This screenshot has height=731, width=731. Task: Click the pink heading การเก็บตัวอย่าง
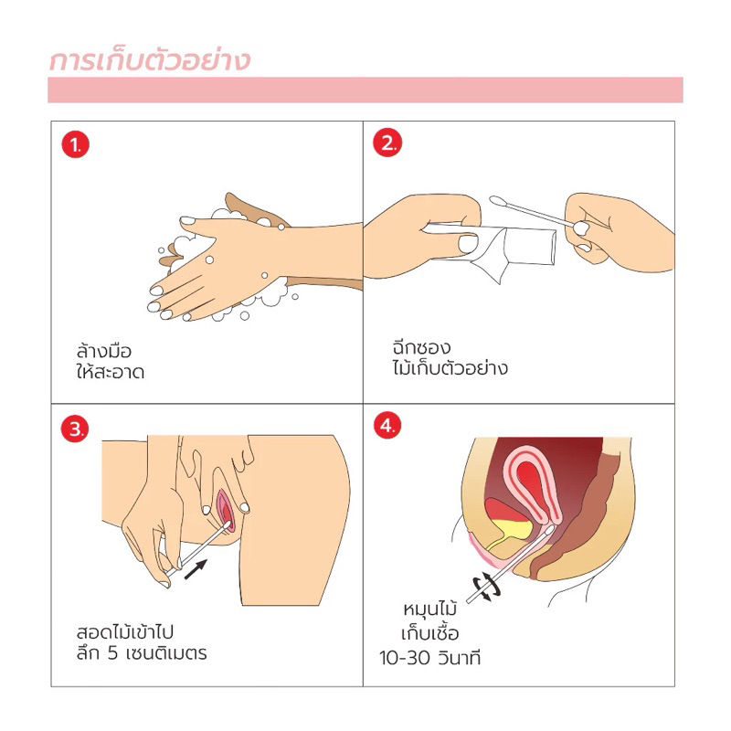[150, 61]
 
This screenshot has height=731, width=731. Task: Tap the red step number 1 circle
[76, 145]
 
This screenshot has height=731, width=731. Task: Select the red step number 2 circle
[387, 143]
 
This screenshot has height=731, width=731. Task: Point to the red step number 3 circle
[75, 429]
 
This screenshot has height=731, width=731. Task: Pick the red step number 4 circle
[387, 426]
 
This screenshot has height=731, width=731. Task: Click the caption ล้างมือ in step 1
[104, 351]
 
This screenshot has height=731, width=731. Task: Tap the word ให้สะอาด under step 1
[111, 372]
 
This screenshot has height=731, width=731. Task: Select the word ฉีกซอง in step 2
[421, 347]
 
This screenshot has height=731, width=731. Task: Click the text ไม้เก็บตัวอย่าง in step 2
[450, 368]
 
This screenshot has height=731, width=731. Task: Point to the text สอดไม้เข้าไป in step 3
[125, 631]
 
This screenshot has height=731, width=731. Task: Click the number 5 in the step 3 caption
[112, 653]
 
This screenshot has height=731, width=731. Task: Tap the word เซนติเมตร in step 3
[166, 653]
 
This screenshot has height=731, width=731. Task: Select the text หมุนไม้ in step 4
[429, 609]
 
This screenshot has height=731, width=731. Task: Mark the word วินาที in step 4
[460, 657]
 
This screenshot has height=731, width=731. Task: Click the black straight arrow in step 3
[196, 569]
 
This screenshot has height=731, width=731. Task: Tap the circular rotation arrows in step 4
[487, 586]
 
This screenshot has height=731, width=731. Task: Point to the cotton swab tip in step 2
[498, 202]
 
